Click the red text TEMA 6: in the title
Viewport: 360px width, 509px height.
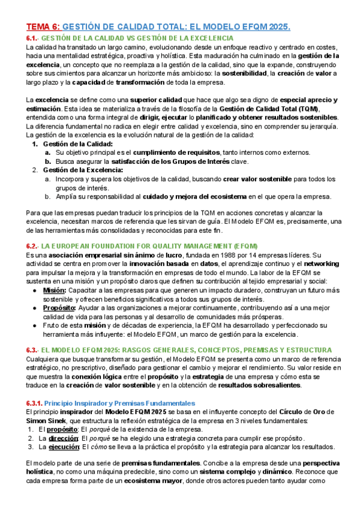click(x=43, y=27)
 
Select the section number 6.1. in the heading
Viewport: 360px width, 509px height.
click(x=32, y=38)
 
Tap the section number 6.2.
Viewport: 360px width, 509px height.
click(x=32, y=229)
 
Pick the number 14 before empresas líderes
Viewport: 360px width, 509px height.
click(x=255, y=238)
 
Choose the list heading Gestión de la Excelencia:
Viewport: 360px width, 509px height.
click(x=83, y=170)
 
